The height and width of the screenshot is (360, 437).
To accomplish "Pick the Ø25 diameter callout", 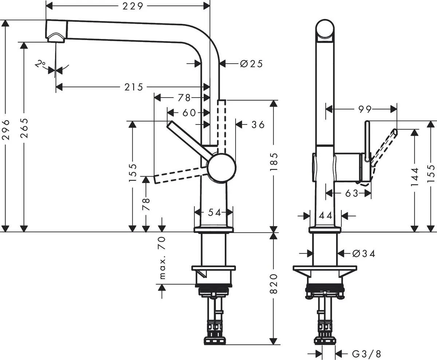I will pyautogui.click(x=251, y=64).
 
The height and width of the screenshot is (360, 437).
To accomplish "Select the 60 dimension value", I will pyautogui.click(x=189, y=112).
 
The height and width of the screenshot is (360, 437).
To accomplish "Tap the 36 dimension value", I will pyautogui.click(x=258, y=124).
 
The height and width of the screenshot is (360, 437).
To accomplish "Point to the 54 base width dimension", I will pyautogui.click(x=214, y=213).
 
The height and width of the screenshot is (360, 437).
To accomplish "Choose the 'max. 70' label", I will pyautogui.click(x=162, y=258).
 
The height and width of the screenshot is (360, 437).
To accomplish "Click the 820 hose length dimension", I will pyautogui.click(x=273, y=284).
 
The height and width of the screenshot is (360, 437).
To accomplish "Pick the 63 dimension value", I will pyautogui.click(x=351, y=193).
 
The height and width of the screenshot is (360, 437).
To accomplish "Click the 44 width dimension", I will pyautogui.click(x=326, y=215).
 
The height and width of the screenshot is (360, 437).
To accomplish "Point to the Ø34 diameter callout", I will pyautogui.click(x=364, y=253).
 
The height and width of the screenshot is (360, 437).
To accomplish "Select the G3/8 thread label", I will pyautogui.click(x=367, y=353).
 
